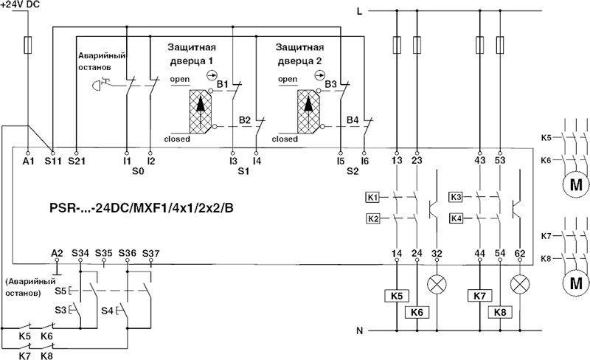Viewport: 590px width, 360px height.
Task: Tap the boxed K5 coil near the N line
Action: [396, 296]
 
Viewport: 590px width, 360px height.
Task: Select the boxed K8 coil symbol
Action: [501, 312]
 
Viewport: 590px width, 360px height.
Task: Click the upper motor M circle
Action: [574, 184]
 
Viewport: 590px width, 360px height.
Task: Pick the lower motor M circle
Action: [574, 283]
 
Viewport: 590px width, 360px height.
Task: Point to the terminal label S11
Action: [53, 159]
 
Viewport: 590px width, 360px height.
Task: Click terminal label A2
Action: [58, 253]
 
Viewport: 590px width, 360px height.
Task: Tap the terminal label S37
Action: [150, 253]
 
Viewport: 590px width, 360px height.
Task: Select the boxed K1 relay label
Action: [372, 198]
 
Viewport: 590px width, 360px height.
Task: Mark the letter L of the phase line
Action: [359, 11]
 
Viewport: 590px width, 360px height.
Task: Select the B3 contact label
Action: [331, 84]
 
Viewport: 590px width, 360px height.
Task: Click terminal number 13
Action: [397, 159]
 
